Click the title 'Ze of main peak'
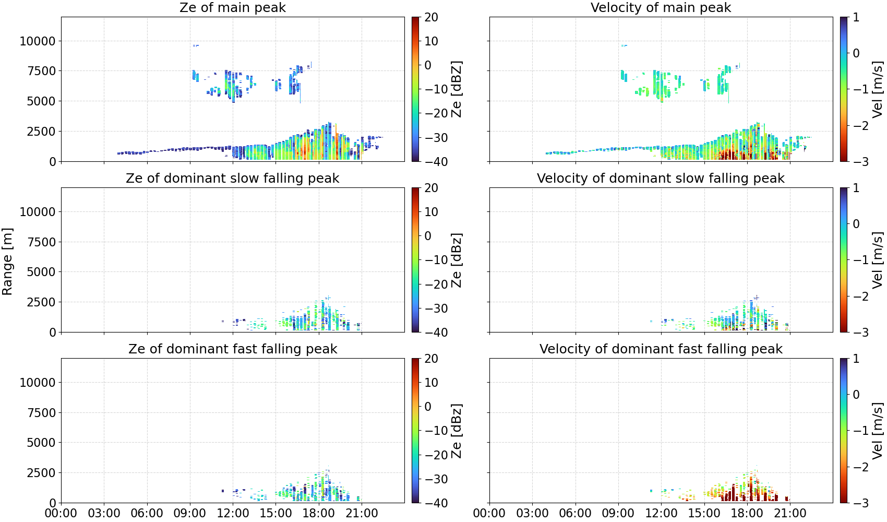(x=232, y=7)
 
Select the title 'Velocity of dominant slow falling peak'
(x=661, y=178)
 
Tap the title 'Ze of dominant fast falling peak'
(x=232, y=349)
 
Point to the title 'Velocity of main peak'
(x=661, y=7)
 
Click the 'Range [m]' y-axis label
(x=7, y=262)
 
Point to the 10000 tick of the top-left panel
(x=38, y=41)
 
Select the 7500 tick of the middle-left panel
(x=41, y=242)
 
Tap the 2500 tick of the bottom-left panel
(x=41, y=472)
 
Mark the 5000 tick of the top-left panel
(x=41, y=101)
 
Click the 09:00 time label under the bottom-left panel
(x=190, y=513)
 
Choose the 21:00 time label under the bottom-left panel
(x=362, y=513)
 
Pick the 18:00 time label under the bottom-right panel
(x=747, y=513)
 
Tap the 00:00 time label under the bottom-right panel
(x=489, y=513)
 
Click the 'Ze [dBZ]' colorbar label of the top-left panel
(x=457, y=89)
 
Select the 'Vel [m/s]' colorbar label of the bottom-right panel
(x=878, y=431)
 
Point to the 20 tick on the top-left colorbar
(x=431, y=17)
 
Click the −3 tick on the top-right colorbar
(x=853, y=162)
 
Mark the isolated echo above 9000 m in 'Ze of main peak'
(x=196, y=45)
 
